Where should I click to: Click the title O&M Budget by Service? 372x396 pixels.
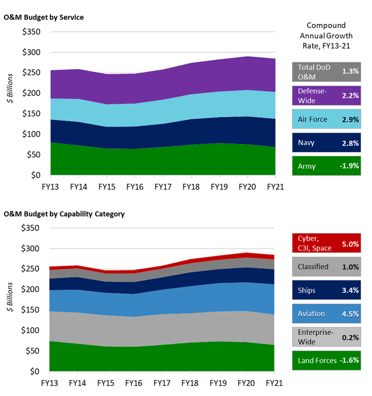click(44, 18)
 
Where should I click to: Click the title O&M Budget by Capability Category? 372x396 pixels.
click(64, 214)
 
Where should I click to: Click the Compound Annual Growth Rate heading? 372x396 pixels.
click(327, 36)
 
